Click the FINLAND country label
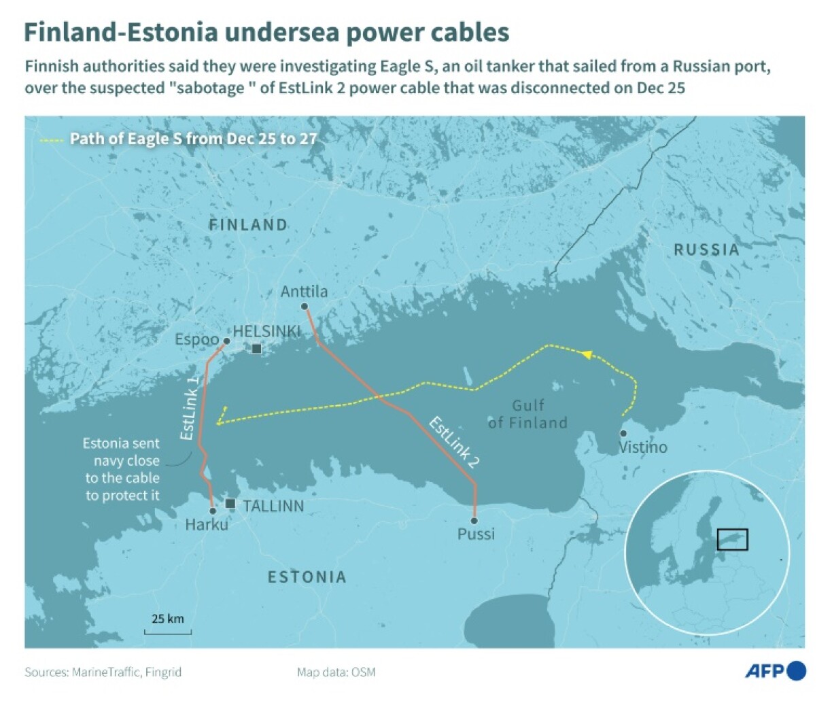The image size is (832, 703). coord(248,225)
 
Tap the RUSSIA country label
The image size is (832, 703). coord(706,250)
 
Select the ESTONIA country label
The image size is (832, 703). coord(307,577)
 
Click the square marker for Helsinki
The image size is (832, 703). coord(256,349)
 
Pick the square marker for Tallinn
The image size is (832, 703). coord(230,504)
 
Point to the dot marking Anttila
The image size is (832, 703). coord(305,307)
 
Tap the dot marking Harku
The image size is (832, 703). coord(213,511)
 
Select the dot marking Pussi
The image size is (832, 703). coord(474,521)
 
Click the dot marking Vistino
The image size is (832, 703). coord(623,433)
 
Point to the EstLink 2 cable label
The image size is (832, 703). coord(454,443)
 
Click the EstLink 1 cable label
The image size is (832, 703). coord(190,406)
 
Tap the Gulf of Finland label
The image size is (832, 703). coord(527,414)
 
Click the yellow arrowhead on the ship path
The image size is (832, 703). coord(586,354)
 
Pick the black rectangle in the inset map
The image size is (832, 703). coord(732,539)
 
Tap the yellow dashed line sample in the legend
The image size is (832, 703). coord(52,140)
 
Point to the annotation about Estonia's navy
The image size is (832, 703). coord(122,469)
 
